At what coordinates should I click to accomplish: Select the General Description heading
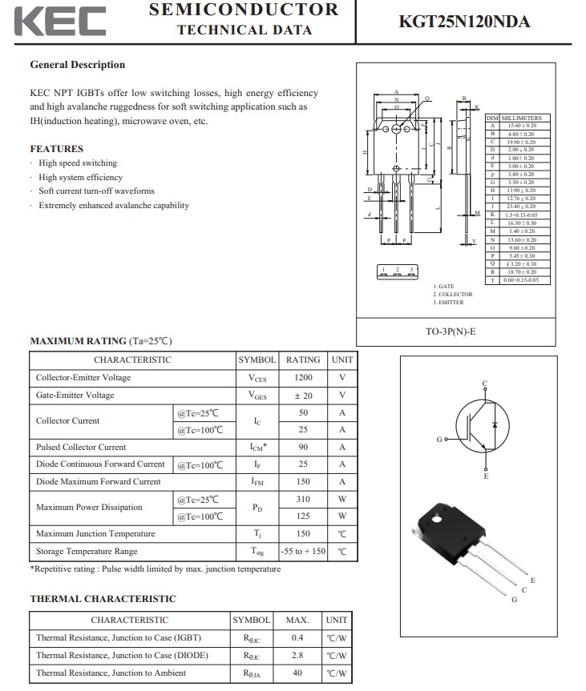point(78,65)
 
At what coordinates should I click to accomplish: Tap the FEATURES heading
point(57,149)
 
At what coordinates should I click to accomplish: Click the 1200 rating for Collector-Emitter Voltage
point(303,378)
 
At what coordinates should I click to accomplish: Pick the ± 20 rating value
point(303,396)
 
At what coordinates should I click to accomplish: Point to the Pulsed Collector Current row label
point(81,448)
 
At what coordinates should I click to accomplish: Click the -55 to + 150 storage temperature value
point(303,552)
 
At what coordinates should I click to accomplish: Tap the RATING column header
point(303,360)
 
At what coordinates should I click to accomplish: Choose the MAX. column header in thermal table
point(297,620)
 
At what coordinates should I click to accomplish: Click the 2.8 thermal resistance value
point(297,656)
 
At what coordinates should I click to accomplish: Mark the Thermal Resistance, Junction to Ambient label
point(111,673)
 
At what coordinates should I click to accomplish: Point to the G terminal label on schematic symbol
point(439,440)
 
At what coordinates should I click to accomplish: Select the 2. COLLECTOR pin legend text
point(455,295)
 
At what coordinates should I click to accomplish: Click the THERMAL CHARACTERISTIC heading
point(103,599)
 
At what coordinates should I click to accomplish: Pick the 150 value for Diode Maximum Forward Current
point(303,482)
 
